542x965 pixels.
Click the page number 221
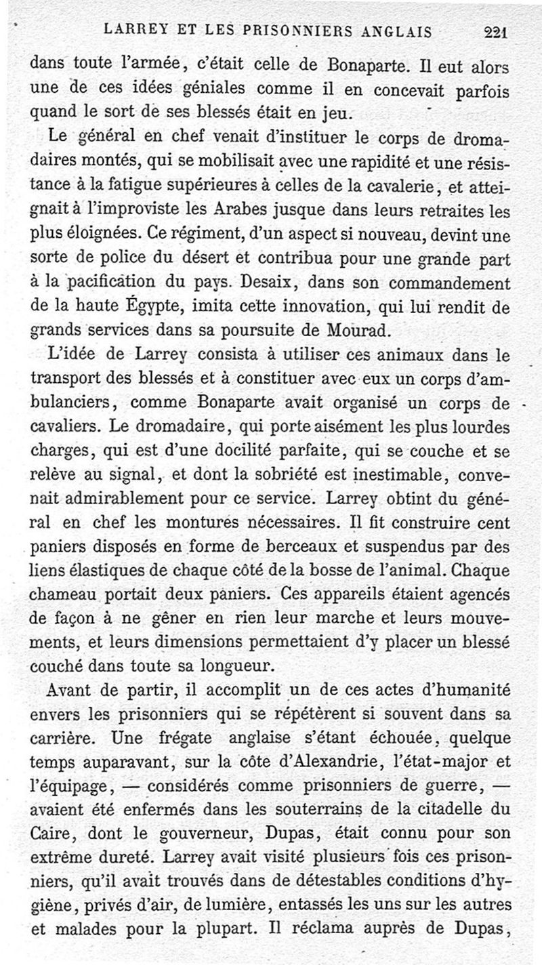pyautogui.click(x=497, y=31)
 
